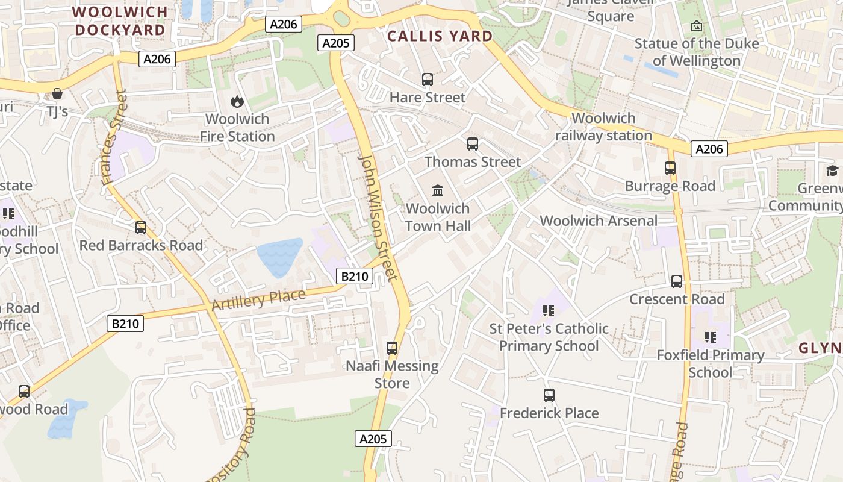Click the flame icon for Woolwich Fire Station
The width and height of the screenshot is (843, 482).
(237, 102)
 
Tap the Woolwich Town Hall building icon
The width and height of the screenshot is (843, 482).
(438, 191)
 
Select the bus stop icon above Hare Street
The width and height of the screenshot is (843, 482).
(428, 80)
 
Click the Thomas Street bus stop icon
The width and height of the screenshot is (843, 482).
(473, 144)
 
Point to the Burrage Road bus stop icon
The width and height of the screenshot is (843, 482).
(670, 168)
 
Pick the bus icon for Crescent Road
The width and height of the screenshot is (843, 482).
(677, 281)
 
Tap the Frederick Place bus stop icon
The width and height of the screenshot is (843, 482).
(549, 395)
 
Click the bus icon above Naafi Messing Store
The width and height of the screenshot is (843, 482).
(392, 348)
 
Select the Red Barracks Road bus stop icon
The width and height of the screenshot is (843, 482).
(141, 228)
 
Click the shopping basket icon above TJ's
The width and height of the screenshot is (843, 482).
(57, 93)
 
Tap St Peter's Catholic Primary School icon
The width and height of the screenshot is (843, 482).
(548, 311)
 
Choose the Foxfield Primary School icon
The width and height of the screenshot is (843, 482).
(711, 337)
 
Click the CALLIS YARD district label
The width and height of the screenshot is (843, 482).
(440, 36)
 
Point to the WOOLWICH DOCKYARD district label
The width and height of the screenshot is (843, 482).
(120, 21)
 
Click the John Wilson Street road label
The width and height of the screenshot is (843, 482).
(378, 217)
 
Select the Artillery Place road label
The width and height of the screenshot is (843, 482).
(258, 299)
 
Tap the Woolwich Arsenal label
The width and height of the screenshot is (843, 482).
(599, 221)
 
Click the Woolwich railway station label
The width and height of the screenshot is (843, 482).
(603, 127)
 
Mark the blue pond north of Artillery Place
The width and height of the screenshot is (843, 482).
(279, 257)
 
